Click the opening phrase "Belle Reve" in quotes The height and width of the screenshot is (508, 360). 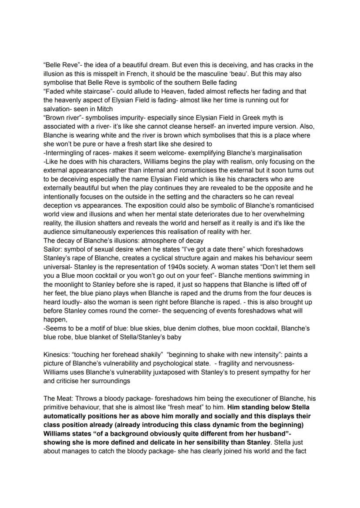(58, 65)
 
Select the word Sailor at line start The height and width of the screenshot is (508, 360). (52, 249)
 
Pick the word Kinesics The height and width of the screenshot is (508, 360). (56, 355)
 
